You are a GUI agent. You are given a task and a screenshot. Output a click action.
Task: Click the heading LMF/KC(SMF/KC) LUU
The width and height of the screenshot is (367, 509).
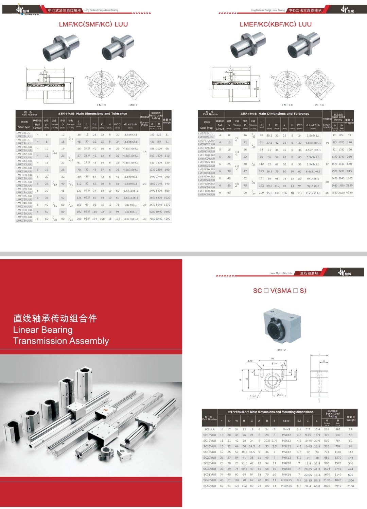point(93,24)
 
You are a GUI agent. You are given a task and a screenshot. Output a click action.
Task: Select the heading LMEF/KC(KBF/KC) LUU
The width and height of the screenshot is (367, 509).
point(276,24)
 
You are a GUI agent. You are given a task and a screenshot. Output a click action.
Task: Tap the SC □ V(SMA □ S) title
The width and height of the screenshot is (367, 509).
point(280,290)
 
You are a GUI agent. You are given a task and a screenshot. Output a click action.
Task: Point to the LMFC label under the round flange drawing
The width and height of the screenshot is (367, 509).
point(102,105)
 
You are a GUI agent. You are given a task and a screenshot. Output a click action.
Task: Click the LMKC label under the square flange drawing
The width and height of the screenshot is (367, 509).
point(132,105)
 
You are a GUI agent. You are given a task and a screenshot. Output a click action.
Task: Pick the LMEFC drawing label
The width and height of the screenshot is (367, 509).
point(287,105)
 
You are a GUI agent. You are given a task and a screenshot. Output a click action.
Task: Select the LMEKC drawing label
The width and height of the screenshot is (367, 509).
point(318,105)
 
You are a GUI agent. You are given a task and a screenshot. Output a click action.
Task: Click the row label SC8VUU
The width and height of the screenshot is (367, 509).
point(209,430)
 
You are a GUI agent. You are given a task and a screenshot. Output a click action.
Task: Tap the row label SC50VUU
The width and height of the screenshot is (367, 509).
point(209,486)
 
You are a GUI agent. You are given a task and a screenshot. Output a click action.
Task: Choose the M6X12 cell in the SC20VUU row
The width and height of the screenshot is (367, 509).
point(286,458)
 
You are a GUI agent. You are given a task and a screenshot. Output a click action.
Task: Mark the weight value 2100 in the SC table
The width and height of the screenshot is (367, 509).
point(350,486)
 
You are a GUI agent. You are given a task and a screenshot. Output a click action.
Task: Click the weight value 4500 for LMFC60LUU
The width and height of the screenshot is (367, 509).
point(167,219)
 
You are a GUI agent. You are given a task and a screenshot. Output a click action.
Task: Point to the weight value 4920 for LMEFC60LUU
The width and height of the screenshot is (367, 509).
point(349,193)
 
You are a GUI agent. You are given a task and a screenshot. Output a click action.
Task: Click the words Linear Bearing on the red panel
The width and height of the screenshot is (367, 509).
point(43,330)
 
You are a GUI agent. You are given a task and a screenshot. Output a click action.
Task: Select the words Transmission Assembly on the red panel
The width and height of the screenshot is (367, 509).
point(61,341)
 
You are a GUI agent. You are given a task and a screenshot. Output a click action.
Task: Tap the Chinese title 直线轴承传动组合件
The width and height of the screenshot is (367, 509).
point(55,318)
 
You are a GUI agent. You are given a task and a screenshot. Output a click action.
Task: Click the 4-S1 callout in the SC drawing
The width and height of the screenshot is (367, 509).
point(250,361)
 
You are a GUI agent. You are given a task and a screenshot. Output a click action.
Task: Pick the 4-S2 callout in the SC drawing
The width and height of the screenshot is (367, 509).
point(252,396)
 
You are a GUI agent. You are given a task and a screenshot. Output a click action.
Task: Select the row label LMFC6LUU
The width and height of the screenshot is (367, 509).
point(24,133)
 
